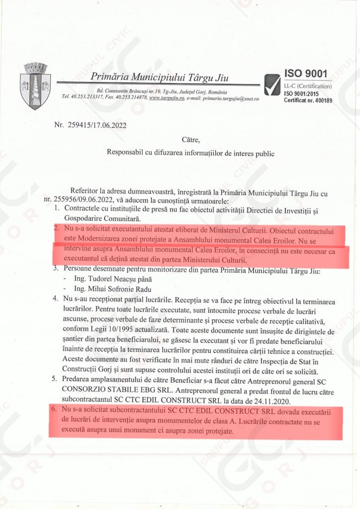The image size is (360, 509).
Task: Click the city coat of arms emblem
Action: pos(35,86)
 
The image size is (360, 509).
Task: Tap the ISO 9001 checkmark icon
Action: pos(272,85)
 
